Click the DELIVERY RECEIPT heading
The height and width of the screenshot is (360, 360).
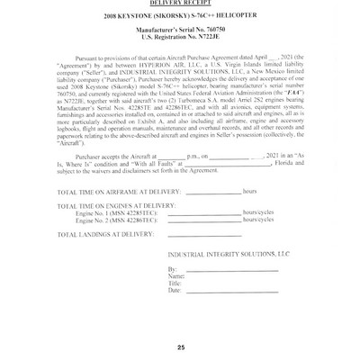181,4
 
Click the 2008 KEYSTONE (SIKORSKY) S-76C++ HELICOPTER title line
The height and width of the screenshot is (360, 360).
180,20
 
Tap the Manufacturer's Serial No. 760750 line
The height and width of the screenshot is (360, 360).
180,35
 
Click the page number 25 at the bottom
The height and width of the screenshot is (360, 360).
180,347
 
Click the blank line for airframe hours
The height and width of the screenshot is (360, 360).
202,218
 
